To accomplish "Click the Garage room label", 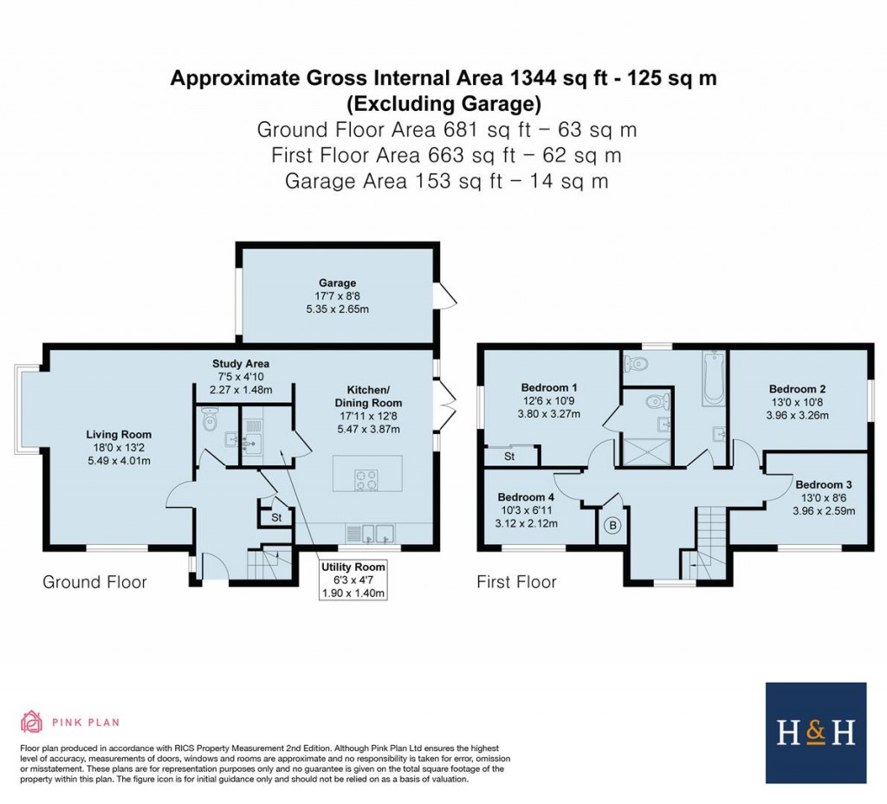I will pyautogui.click(x=337, y=296).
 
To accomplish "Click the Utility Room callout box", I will pyautogui.click(x=353, y=580).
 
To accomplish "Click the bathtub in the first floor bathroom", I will pyautogui.click(x=713, y=379).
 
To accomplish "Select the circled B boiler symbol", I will pyautogui.click(x=613, y=525).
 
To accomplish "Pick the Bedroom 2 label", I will pyautogui.click(x=793, y=402).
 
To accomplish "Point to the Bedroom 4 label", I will pyautogui.click(x=526, y=510).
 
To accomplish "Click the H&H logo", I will pyautogui.click(x=815, y=733).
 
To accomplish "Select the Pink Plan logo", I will pyautogui.click(x=69, y=722).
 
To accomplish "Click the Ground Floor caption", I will pyautogui.click(x=94, y=582).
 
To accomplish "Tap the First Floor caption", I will pyautogui.click(x=516, y=582).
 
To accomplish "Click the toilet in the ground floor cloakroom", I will pyautogui.click(x=209, y=420).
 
